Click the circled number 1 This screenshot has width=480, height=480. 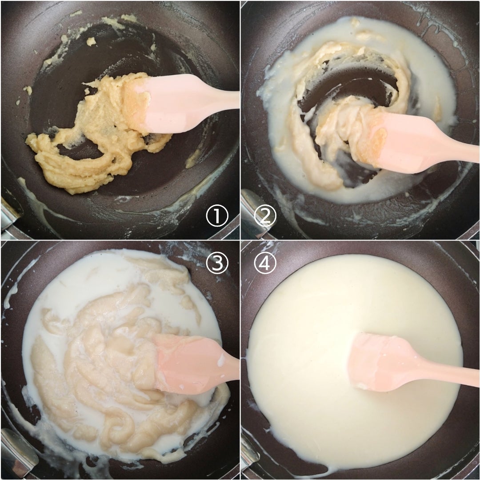pyautogui.click(x=217, y=216)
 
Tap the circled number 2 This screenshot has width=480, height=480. pyautogui.click(x=265, y=216)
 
